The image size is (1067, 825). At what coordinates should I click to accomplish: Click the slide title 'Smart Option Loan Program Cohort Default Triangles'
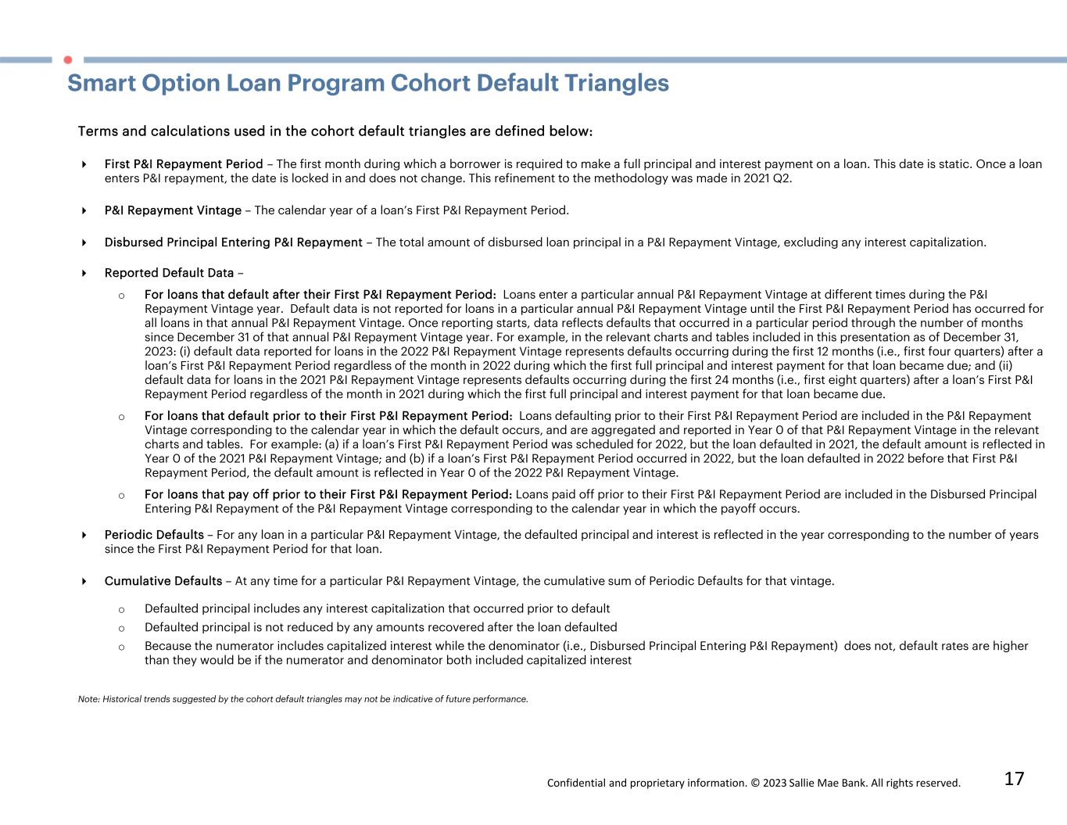point(368,84)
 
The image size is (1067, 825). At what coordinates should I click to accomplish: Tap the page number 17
point(1014,779)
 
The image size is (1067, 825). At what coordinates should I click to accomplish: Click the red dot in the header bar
point(68,59)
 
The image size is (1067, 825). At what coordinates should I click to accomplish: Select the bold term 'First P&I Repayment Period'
point(184,164)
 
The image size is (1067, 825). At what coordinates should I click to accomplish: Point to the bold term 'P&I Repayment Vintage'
point(173,210)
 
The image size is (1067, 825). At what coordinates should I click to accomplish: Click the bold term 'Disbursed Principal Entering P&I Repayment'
point(233,242)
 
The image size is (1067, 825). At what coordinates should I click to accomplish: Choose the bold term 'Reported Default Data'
point(169,273)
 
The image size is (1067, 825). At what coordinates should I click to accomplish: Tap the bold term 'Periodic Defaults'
point(154,535)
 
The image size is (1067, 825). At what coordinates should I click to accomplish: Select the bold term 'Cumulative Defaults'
point(163,581)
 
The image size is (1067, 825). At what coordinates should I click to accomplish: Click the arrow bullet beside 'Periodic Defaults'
point(84,535)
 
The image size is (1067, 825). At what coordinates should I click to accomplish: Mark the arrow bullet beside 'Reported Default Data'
point(84,273)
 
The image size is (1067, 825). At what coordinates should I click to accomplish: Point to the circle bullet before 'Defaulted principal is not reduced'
point(121,628)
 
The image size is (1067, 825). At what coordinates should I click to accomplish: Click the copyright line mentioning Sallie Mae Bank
point(754,783)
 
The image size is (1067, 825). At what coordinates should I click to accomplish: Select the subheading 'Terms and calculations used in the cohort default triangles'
point(335,131)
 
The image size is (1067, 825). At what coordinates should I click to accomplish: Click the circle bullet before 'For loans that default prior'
point(121,417)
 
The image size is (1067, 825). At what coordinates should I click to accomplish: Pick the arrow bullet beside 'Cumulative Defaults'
point(84,581)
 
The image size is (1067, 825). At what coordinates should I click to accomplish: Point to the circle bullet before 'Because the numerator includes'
point(121,647)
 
